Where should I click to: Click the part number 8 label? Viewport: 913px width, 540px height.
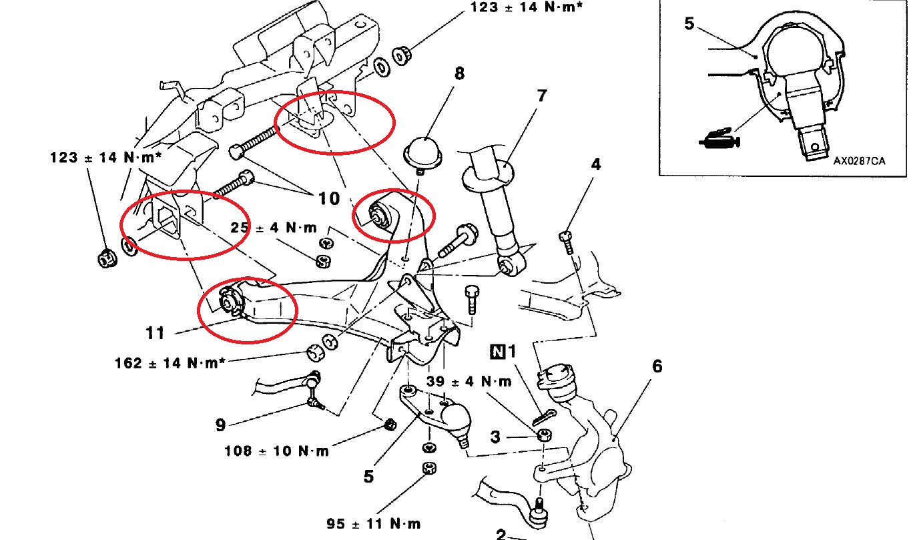pyautogui.click(x=459, y=73)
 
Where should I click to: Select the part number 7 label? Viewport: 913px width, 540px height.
pyautogui.click(x=541, y=96)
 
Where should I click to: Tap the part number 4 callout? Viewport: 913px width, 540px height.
pyautogui.click(x=595, y=164)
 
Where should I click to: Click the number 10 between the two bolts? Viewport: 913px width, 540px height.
pyautogui.click(x=328, y=198)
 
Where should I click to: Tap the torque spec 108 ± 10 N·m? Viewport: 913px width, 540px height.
pyautogui.click(x=277, y=451)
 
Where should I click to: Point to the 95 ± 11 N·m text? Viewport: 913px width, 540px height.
pyautogui.click(x=374, y=523)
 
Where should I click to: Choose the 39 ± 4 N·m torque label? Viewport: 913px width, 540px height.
pyautogui.click(x=469, y=382)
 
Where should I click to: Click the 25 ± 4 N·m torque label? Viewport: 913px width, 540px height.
pyautogui.click(x=274, y=228)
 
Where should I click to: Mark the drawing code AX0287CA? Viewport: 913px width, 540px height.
pyautogui.click(x=859, y=160)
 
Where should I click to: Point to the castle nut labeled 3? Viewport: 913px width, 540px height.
pyautogui.click(x=545, y=436)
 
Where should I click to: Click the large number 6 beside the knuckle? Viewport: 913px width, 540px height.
pyautogui.click(x=657, y=366)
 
